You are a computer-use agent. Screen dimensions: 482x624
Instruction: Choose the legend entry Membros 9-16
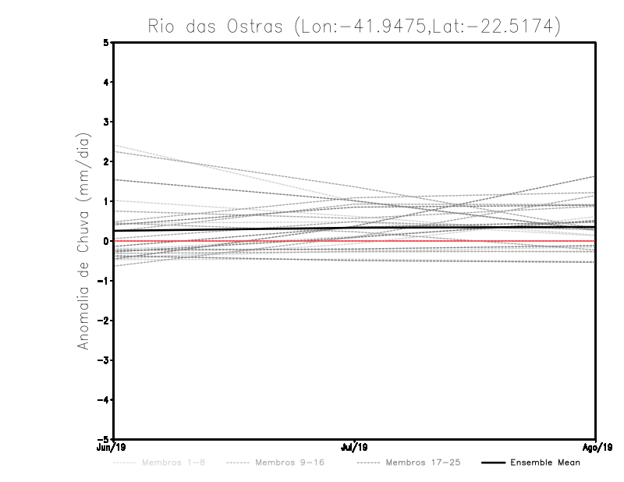pyautogui.click(x=285, y=463)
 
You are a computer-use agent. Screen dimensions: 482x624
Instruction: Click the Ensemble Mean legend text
pyautogui.click(x=544, y=463)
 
